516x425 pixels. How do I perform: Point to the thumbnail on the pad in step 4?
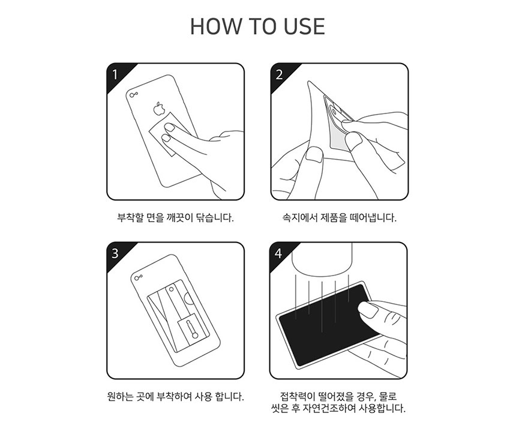click(x=366, y=309)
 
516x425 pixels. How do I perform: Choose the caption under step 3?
click(x=175, y=396)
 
